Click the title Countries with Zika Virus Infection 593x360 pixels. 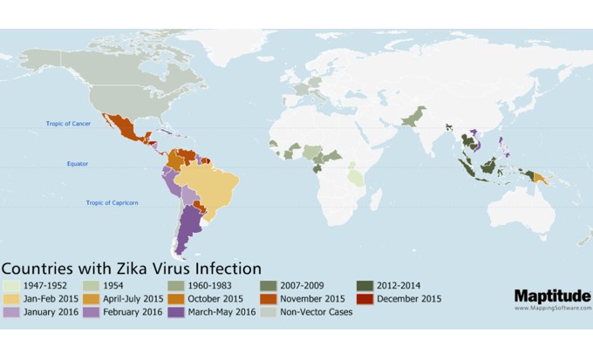click(131, 267)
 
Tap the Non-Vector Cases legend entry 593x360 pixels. click(312, 312)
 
